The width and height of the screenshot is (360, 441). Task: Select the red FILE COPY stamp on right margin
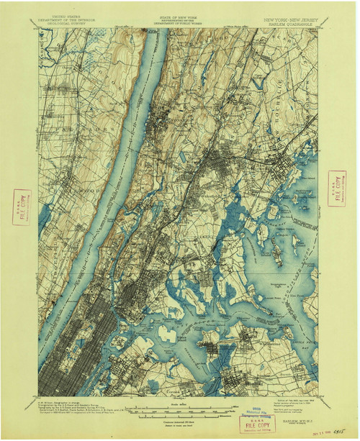pos(336,188)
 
